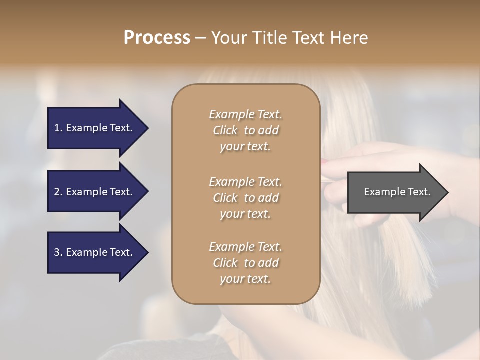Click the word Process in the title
pos(157,38)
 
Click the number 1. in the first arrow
pos(58,128)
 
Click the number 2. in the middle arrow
pos(58,192)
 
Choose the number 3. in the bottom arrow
pos(58,252)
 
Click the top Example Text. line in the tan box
pos(245,114)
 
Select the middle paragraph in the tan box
pos(245,198)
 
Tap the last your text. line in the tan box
pos(245,279)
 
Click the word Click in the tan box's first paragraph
pos(225,130)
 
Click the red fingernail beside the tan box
pos(325,162)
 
